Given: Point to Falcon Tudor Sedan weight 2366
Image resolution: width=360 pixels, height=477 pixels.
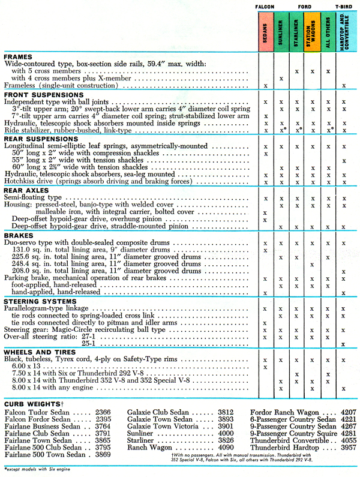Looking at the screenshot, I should [103, 413].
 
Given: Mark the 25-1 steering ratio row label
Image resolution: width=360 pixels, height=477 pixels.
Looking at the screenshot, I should [89, 343].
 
